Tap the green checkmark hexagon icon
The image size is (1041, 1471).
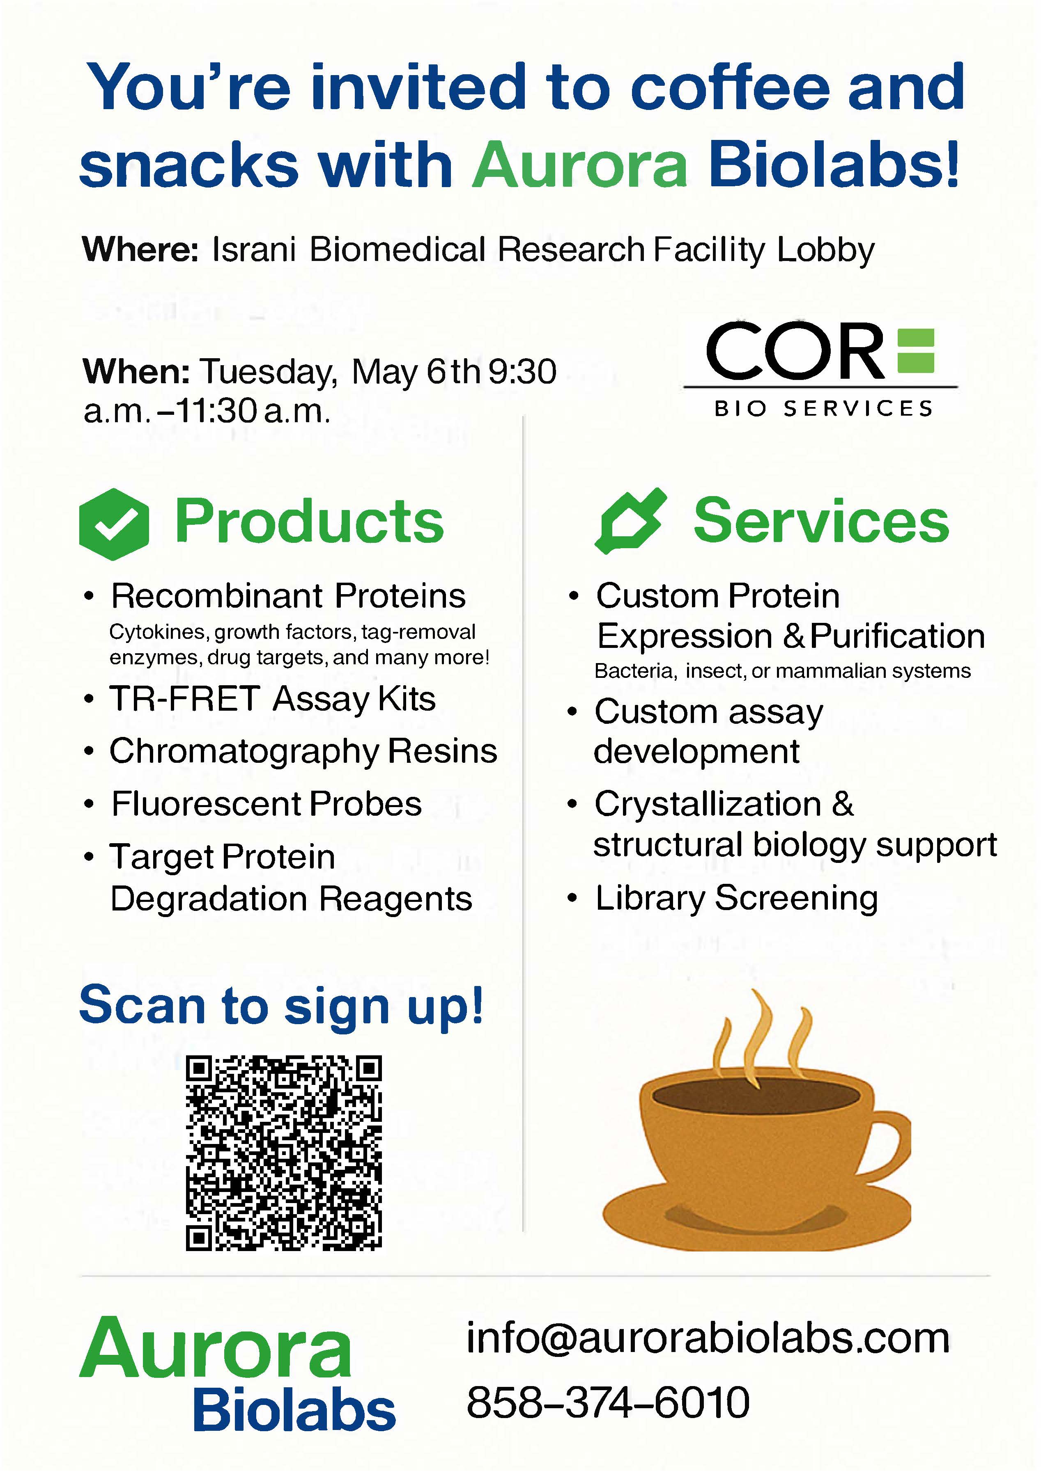pyautogui.click(x=114, y=524)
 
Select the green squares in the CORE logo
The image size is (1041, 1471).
pyautogui.click(x=915, y=351)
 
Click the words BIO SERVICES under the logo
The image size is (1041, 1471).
pyautogui.click(x=824, y=409)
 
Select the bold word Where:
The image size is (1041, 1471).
pyautogui.click(x=141, y=249)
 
